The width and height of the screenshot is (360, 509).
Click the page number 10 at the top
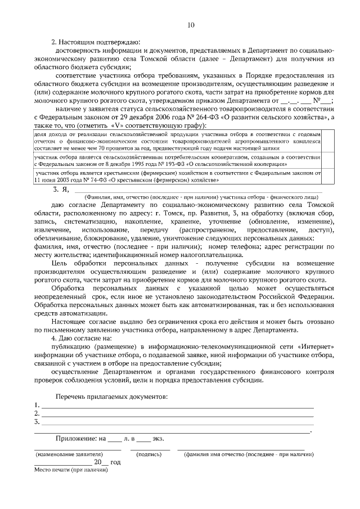click(191, 25)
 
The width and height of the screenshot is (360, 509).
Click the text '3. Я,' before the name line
click(60, 190)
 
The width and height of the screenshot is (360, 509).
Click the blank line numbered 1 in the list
click(177, 406)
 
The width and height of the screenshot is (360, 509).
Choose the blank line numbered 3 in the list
click(177, 422)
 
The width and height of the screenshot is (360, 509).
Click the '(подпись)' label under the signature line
click(149, 454)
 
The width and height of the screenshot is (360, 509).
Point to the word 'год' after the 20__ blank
click(115, 462)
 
